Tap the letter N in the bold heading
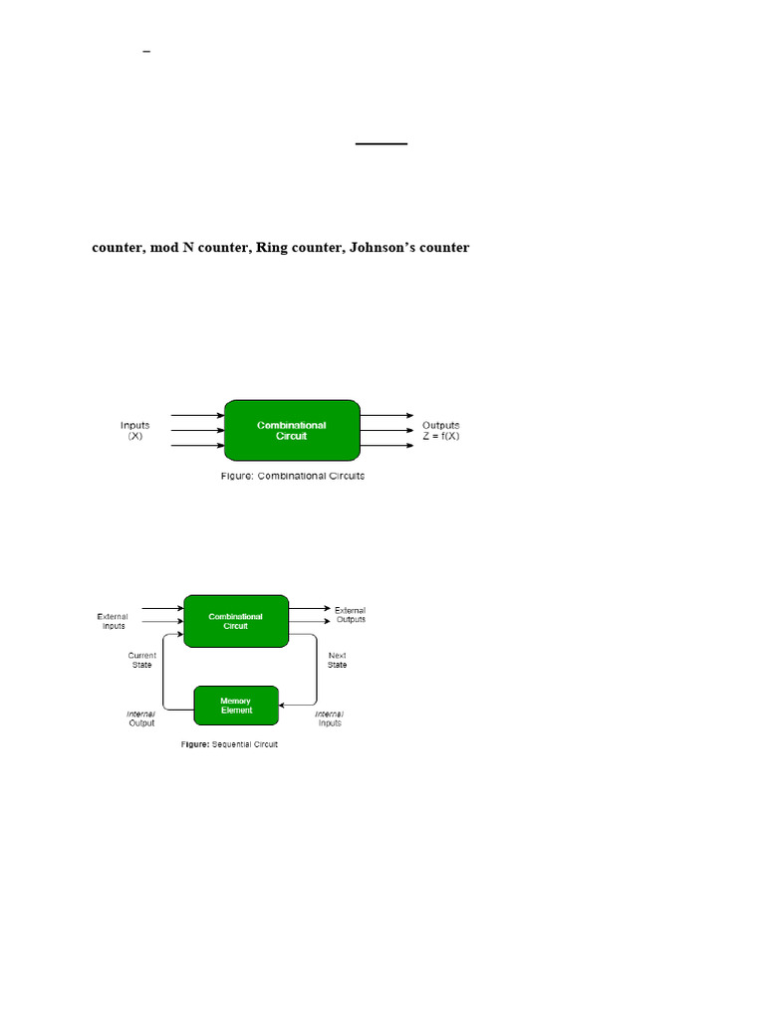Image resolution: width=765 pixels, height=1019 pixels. point(188,248)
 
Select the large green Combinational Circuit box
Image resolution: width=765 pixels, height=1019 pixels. point(292,430)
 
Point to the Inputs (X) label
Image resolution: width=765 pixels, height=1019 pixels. point(134,430)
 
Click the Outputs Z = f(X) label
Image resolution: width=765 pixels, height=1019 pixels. point(441,430)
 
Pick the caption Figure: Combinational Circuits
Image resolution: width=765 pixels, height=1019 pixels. point(293,477)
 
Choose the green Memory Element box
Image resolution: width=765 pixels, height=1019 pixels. point(236,706)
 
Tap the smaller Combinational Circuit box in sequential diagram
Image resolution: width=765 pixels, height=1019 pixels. point(236,621)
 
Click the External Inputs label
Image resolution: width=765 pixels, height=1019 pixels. point(113,621)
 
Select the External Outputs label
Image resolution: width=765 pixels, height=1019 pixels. point(351,615)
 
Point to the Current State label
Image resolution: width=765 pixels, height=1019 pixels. point(141,661)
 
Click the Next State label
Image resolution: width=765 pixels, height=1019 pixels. point(337,661)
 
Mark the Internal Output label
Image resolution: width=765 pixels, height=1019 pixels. point(141,718)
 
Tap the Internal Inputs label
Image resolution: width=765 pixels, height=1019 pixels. point(329,718)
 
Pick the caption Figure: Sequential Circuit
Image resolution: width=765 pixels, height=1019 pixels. point(230,744)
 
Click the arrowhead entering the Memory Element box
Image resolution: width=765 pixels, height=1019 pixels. point(282,706)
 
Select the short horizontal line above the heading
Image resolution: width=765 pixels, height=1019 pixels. point(382,143)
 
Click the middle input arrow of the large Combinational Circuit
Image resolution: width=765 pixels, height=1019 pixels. point(198,430)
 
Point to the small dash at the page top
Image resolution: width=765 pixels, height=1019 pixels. point(146,52)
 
